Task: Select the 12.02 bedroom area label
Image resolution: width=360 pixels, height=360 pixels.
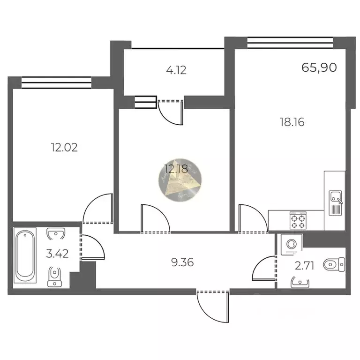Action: coord(64,148)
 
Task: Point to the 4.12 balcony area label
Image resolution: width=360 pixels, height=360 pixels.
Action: coord(176,71)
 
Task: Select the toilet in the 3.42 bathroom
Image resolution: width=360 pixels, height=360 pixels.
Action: coord(54,275)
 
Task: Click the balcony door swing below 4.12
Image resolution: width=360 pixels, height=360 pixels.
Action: coord(170,112)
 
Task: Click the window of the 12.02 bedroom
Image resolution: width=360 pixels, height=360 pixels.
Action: coord(56,83)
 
